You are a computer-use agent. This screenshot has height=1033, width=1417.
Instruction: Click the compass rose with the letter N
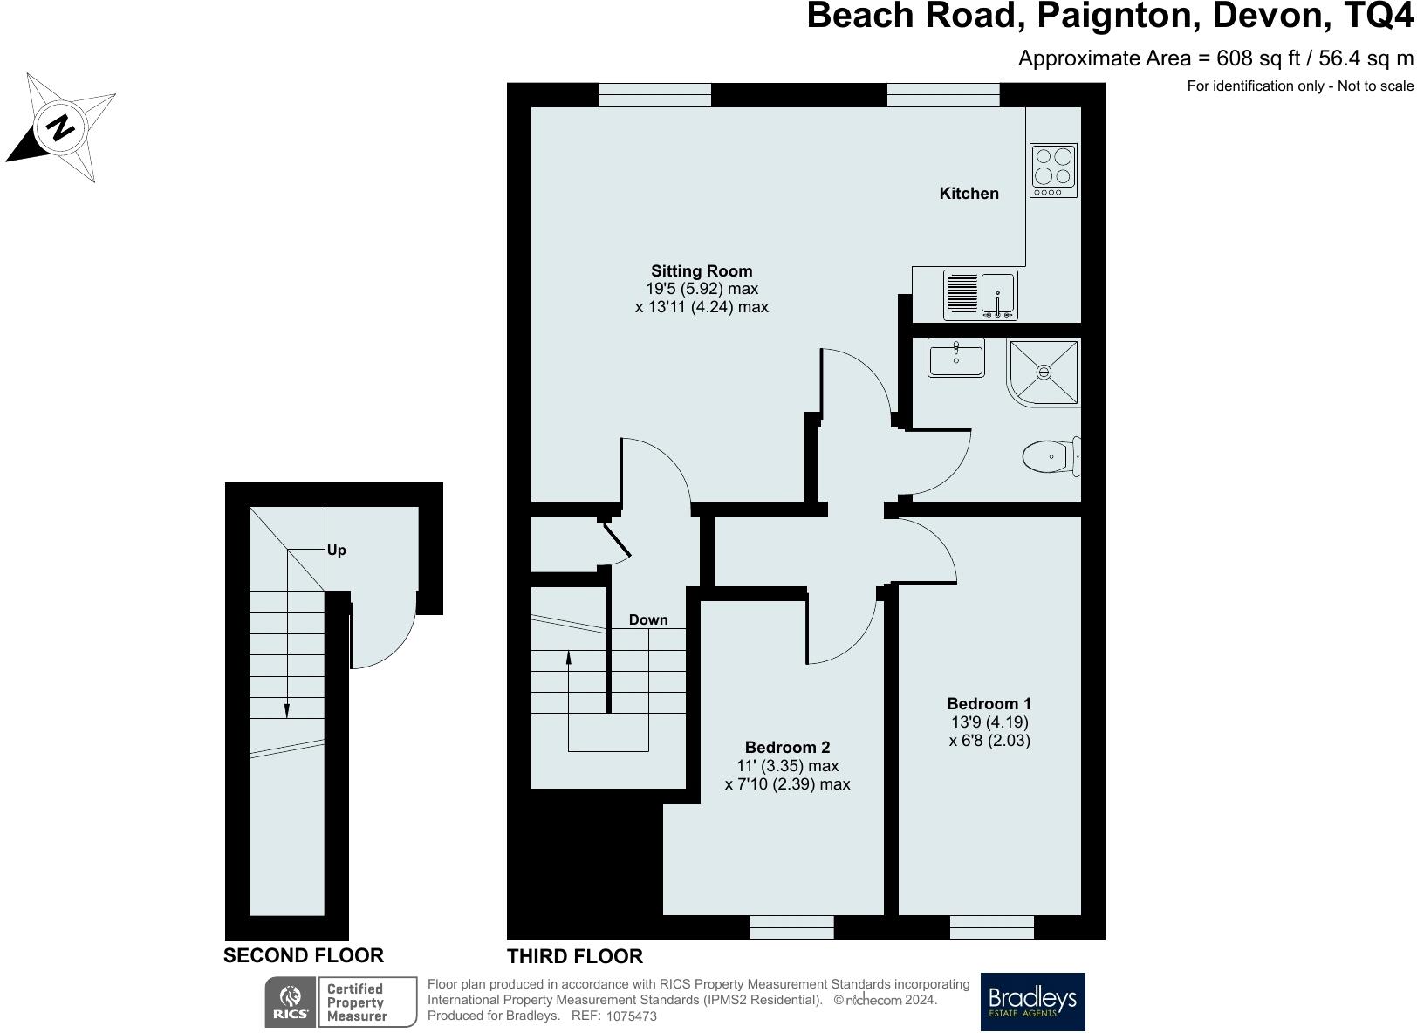tap(60, 127)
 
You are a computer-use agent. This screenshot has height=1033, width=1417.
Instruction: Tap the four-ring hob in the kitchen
tap(1053, 170)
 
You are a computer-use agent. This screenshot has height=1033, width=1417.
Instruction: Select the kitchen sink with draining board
tap(981, 295)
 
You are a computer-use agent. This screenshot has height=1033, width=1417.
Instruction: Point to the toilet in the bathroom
tap(1051, 456)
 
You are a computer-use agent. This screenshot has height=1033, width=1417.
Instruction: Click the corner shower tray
tap(1044, 373)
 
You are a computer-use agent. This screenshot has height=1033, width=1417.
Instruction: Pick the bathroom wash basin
tap(955, 358)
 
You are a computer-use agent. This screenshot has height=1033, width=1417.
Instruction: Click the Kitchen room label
tap(969, 194)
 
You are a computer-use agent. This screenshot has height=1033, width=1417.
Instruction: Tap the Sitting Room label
tap(702, 270)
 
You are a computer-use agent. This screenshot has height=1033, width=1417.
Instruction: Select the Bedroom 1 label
tap(989, 703)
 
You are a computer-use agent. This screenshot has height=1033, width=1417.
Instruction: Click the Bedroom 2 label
tap(787, 747)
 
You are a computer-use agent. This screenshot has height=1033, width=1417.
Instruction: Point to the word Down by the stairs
tap(648, 620)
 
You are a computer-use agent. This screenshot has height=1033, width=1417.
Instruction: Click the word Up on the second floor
tap(337, 551)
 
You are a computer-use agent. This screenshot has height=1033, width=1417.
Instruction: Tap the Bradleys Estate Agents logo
tap(1032, 1002)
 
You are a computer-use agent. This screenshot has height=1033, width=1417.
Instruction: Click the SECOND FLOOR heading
tap(304, 955)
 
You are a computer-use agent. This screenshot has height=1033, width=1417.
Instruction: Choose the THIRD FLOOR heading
tap(574, 956)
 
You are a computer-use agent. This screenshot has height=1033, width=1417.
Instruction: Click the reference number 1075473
tap(632, 1016)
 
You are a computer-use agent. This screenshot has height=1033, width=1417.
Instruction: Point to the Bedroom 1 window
tap(992, 927)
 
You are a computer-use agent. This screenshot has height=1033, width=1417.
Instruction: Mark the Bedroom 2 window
tap(792, 927)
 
